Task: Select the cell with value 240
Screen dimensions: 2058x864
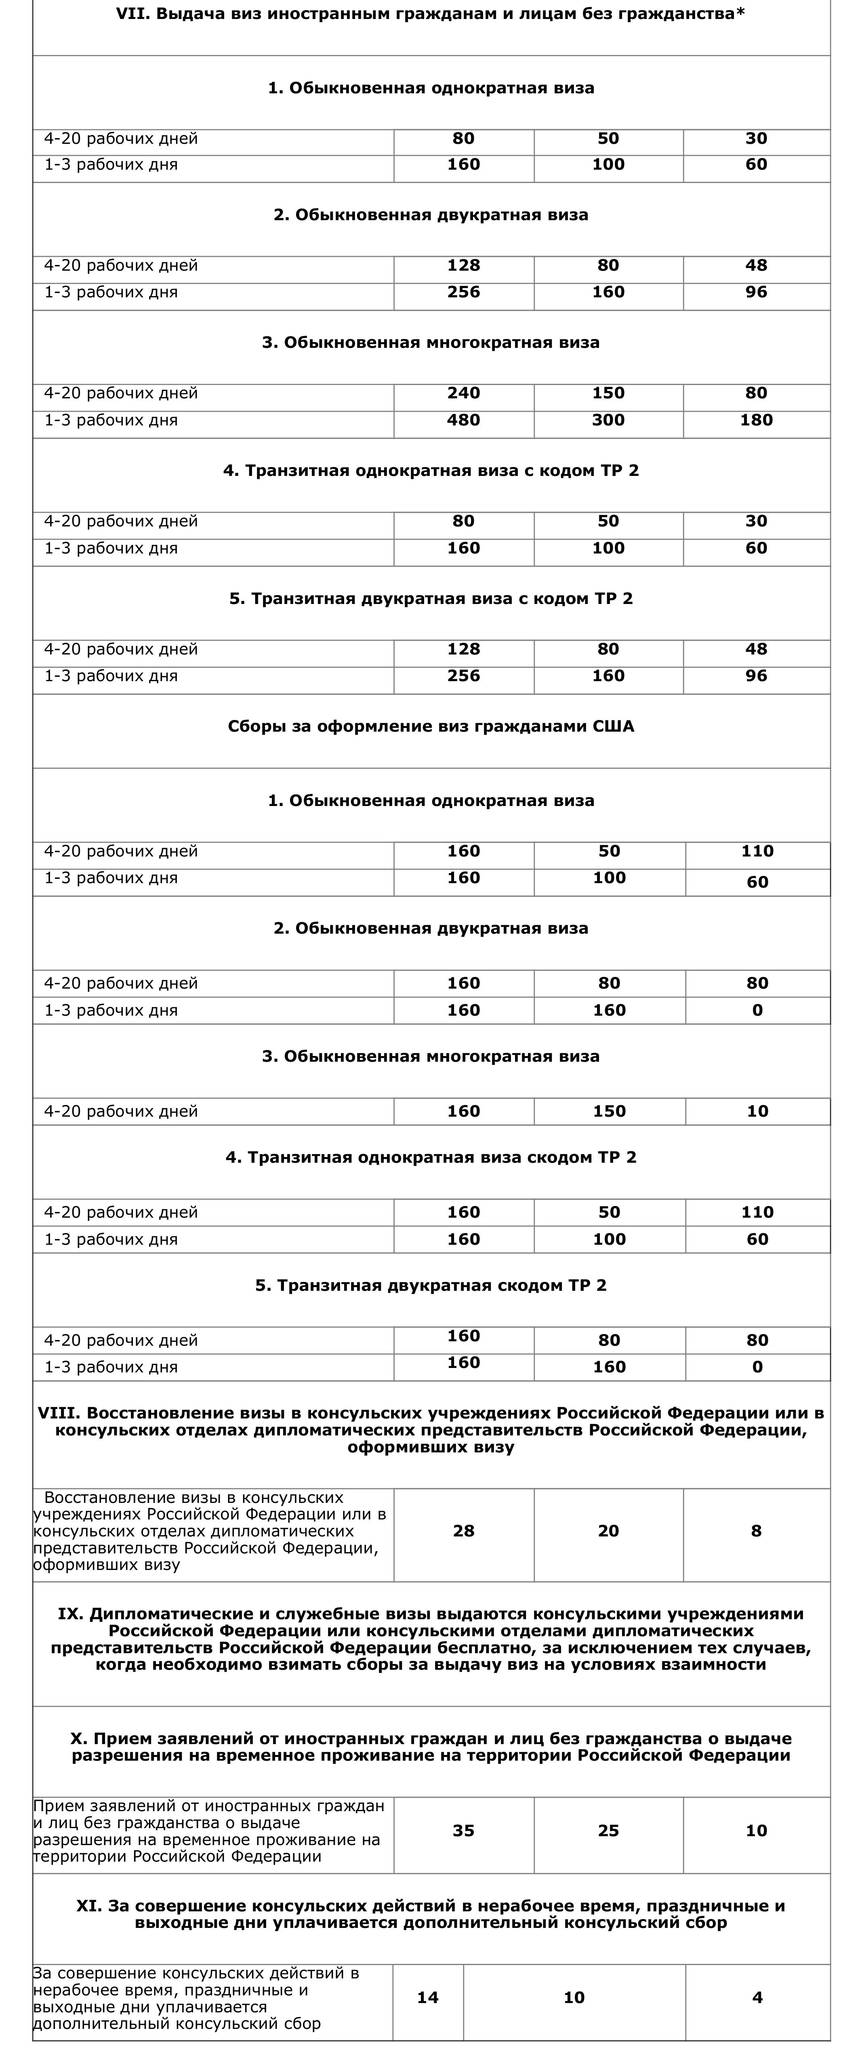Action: [x=463, y=393]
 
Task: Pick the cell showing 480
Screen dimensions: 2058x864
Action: [x=463, y=420]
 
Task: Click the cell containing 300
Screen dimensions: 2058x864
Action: [x=608, y=420]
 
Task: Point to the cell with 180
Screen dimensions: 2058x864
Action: [x=756, y=420]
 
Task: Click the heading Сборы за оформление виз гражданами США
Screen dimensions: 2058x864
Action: [x=431, y=726]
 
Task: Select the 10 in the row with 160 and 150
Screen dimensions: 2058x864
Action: [x=757, y=1111]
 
